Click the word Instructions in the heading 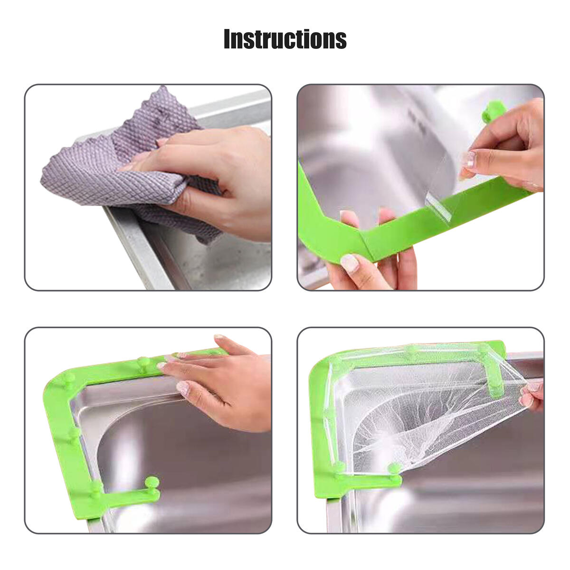(285, 39)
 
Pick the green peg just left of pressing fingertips (141, 363)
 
